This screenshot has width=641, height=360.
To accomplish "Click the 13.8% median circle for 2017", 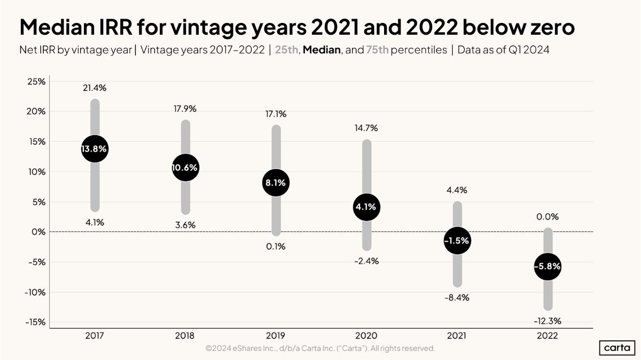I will coord(95,149).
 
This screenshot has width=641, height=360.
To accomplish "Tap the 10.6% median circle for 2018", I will coord(185,168).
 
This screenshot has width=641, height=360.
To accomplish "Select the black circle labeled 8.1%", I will coord(276,183).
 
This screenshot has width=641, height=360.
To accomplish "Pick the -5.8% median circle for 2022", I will coord(548,267).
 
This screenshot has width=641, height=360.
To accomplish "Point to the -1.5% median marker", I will coord(457,240).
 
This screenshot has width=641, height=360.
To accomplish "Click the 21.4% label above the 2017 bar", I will coord(95,88).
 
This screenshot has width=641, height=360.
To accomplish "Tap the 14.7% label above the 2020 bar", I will coord(366,128).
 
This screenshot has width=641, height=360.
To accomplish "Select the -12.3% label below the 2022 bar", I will coord(548,322).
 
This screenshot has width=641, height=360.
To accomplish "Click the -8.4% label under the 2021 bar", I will coord(457,298).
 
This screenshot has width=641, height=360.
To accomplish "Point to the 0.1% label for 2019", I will coord(276,246).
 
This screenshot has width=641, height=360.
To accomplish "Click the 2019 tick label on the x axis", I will coord(276,336).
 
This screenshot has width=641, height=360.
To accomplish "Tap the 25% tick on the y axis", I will coord(36,82).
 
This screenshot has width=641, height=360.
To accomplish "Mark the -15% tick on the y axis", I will coord(35,322).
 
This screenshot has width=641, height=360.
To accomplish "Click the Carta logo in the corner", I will coord(617,348).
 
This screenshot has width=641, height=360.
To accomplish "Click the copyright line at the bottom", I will coord(320,348).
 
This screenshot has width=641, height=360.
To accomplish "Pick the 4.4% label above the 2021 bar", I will coord(457,190).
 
